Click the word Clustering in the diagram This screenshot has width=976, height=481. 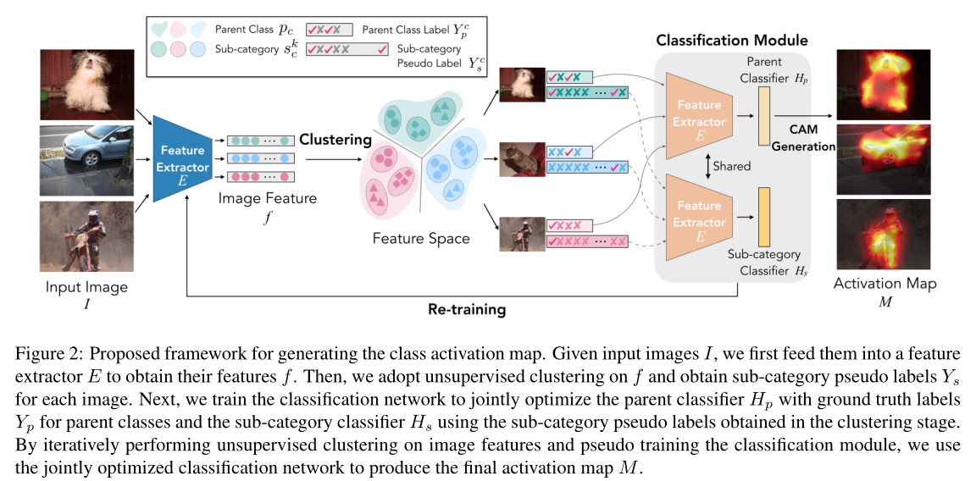point(335,139)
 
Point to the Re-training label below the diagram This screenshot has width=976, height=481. point(466,309)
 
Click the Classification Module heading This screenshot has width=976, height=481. point(733,40)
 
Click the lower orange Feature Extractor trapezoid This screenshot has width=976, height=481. point(698,214)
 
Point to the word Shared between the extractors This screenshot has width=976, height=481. point(731,166)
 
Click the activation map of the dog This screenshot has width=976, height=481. point(883,85)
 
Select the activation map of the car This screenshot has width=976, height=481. point(883,159)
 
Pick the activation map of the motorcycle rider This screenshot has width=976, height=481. point(883,235)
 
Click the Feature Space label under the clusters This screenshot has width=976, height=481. point(421,239)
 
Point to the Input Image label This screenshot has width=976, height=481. point(86,287)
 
